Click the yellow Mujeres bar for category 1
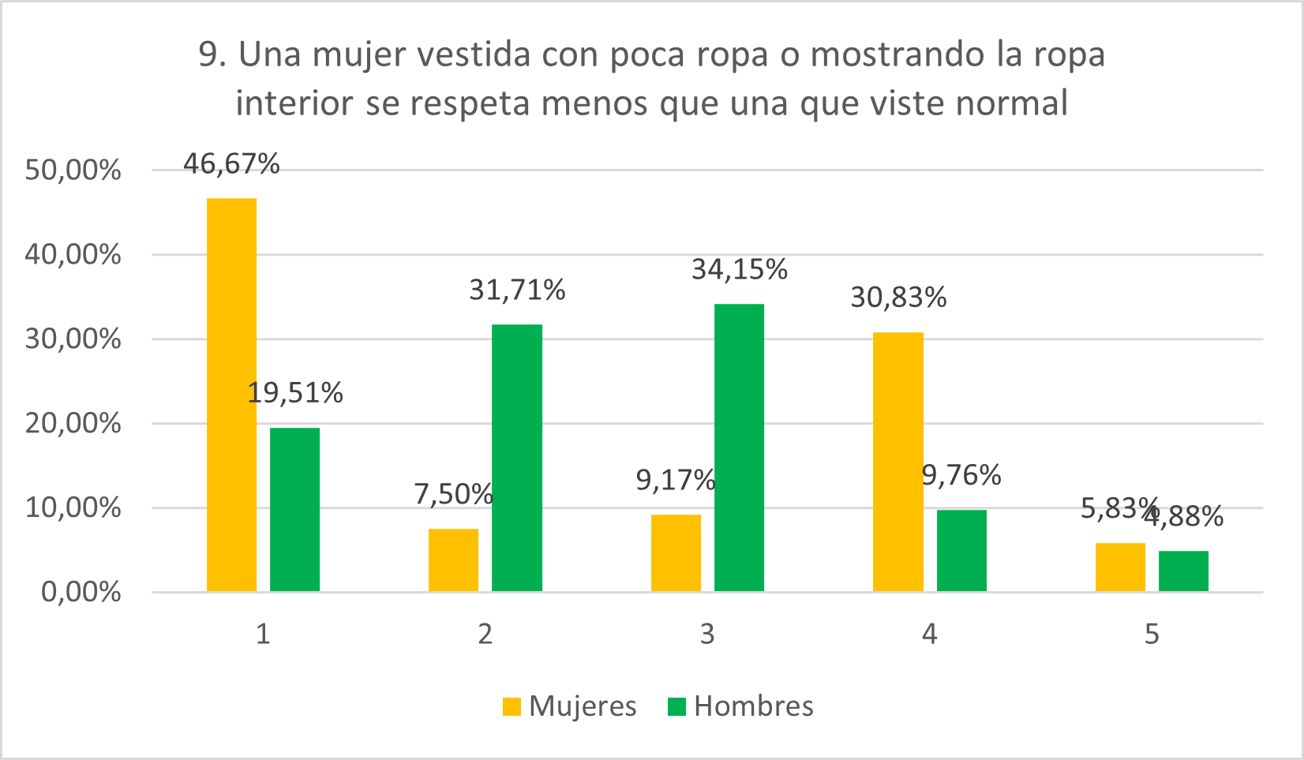231,395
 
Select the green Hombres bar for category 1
294,509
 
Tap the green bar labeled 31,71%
517,458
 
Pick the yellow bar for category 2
453,560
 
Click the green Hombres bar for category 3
739,447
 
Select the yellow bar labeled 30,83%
898,462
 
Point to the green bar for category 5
1183,571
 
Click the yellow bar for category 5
1120,567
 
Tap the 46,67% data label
231,164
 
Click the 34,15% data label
740,270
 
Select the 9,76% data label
961,475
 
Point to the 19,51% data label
295,392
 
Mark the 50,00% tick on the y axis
73,170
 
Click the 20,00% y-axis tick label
73,424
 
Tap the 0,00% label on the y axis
81,592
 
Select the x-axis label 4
930,634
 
